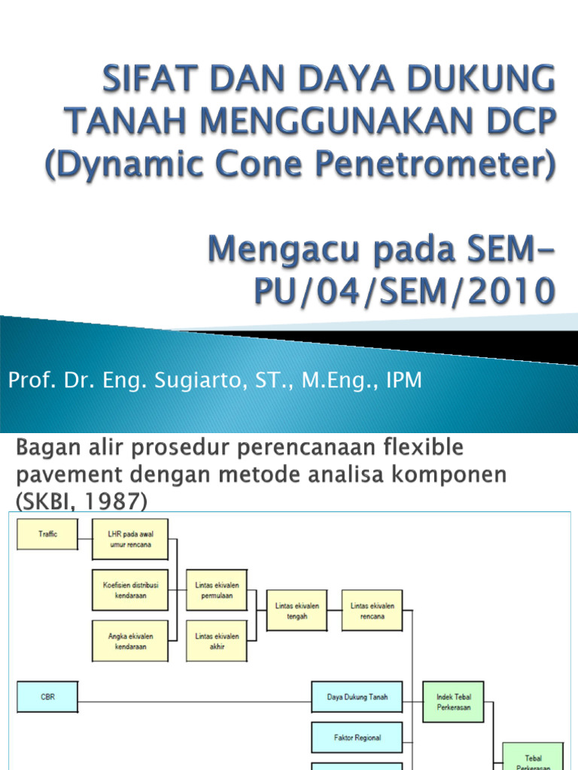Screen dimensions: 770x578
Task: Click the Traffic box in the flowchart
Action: coord(47,534)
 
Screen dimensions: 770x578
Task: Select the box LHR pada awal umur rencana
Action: coord(129,539)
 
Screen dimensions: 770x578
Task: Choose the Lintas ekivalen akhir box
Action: coord(217,641)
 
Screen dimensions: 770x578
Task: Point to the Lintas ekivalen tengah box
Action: coord(297,611)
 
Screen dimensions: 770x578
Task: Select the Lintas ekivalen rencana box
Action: coord(372,611)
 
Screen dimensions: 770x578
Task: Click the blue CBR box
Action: coord(47,697)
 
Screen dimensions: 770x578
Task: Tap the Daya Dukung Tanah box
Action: coord(357,697)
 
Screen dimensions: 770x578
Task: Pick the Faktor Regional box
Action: coord(357,738)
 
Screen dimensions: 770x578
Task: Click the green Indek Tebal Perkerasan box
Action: coord(452,702)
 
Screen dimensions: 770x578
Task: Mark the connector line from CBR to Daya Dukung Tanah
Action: coord(196,702)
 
